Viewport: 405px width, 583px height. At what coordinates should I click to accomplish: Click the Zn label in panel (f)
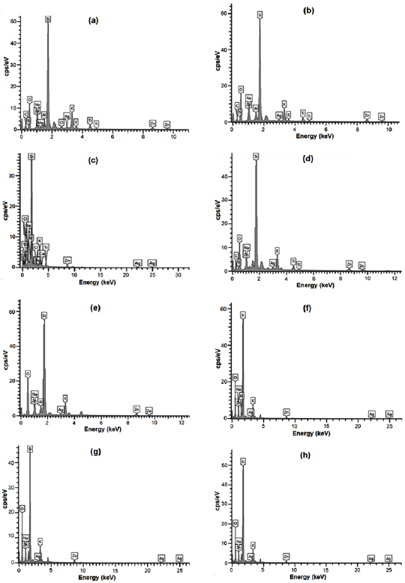286,411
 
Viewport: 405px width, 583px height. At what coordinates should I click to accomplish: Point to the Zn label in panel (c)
67,260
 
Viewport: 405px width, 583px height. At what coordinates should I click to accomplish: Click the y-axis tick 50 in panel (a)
13,20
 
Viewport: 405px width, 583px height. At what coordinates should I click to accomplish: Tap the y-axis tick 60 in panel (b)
223,13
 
